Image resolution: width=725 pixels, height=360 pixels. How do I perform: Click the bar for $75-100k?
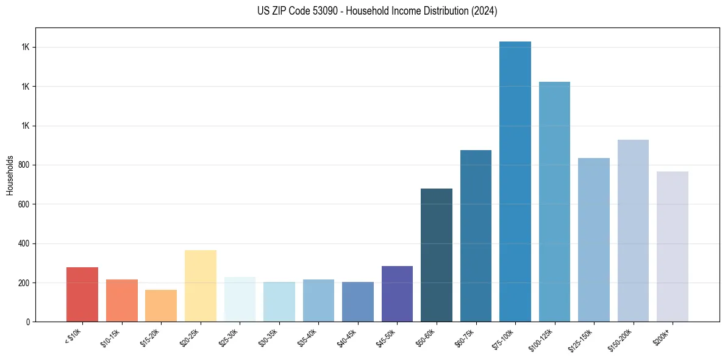pyautogui.click(x=515, y=183)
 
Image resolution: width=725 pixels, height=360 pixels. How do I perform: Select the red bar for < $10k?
pyautogui.click(x=82, y=295)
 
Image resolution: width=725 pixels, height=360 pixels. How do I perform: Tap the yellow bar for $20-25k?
pyautogui.click(x=201, y=286)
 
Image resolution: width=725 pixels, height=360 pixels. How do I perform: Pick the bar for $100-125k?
pyautogui.click(x=554, y=201)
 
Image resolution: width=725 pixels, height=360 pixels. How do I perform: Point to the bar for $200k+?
pyautogui.click(x=673, y=247)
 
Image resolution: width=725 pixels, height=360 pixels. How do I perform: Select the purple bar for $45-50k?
pyautogui.click(x=397, y=293)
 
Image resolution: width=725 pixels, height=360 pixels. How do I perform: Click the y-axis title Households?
pyautogui.click(x=10, y=175)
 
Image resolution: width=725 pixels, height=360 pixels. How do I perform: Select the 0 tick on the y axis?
pyautogui.click(x=29, y=322)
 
